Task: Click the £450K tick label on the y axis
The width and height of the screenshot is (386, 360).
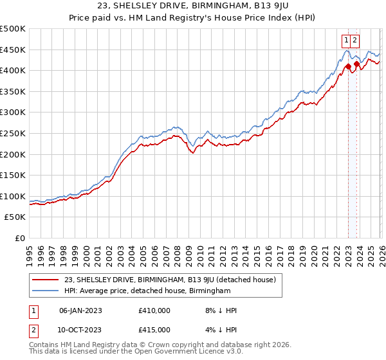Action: (13, 50)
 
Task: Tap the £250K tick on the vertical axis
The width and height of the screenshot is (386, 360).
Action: (13, 133)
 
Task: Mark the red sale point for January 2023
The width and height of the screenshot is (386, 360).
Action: (347, 66)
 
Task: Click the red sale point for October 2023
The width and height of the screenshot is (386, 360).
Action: (356, 64)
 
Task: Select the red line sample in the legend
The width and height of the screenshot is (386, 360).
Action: (46, 280)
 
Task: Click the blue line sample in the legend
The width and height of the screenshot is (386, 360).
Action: (46, 291)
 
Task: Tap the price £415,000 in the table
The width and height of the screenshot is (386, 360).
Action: (154, 330)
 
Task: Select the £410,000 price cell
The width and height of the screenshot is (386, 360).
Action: (154, 310)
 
